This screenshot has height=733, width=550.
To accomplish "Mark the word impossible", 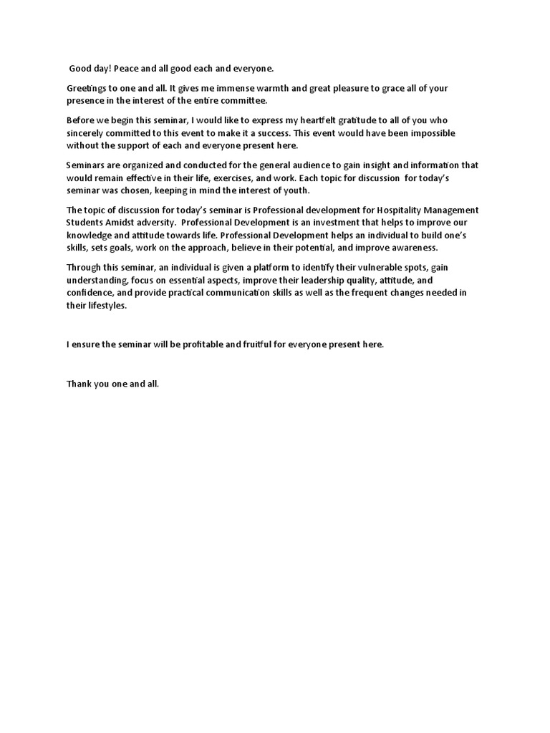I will tap(428, 133).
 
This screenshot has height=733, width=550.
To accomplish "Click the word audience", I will tap(303, 165).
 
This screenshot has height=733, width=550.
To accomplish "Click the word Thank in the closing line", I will tap(79, 384).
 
